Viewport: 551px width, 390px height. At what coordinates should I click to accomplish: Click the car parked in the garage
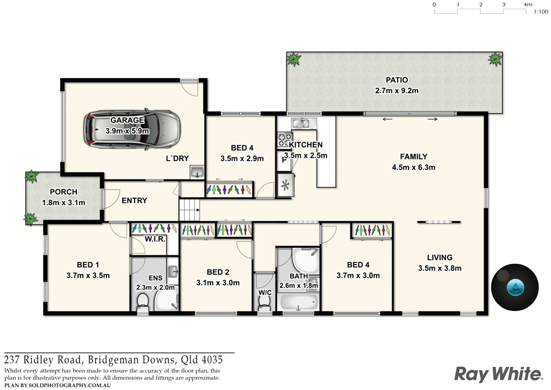point(131,129)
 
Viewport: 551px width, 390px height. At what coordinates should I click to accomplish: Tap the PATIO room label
point(397,80)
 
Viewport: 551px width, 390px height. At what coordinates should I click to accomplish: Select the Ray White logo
point(498,373)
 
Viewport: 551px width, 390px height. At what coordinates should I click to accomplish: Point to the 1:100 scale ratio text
point(540,11)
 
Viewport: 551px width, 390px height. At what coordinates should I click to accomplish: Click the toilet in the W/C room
point(264,304)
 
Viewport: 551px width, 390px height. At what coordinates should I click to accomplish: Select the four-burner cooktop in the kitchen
point(283,140)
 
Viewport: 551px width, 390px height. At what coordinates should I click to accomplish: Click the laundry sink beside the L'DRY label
point(197,172)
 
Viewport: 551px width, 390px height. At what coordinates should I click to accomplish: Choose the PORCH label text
point(63,192)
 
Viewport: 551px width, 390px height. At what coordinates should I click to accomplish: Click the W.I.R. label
point(155,239)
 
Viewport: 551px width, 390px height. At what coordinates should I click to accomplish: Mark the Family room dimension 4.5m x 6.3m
point(413,167)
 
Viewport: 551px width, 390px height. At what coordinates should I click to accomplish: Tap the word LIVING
point(440,257)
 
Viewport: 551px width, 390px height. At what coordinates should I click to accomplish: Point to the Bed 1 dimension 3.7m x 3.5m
point(88,275)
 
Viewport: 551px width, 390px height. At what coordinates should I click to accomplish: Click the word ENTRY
point(134,200)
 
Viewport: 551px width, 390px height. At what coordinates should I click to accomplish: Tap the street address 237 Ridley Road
point(44,359)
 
